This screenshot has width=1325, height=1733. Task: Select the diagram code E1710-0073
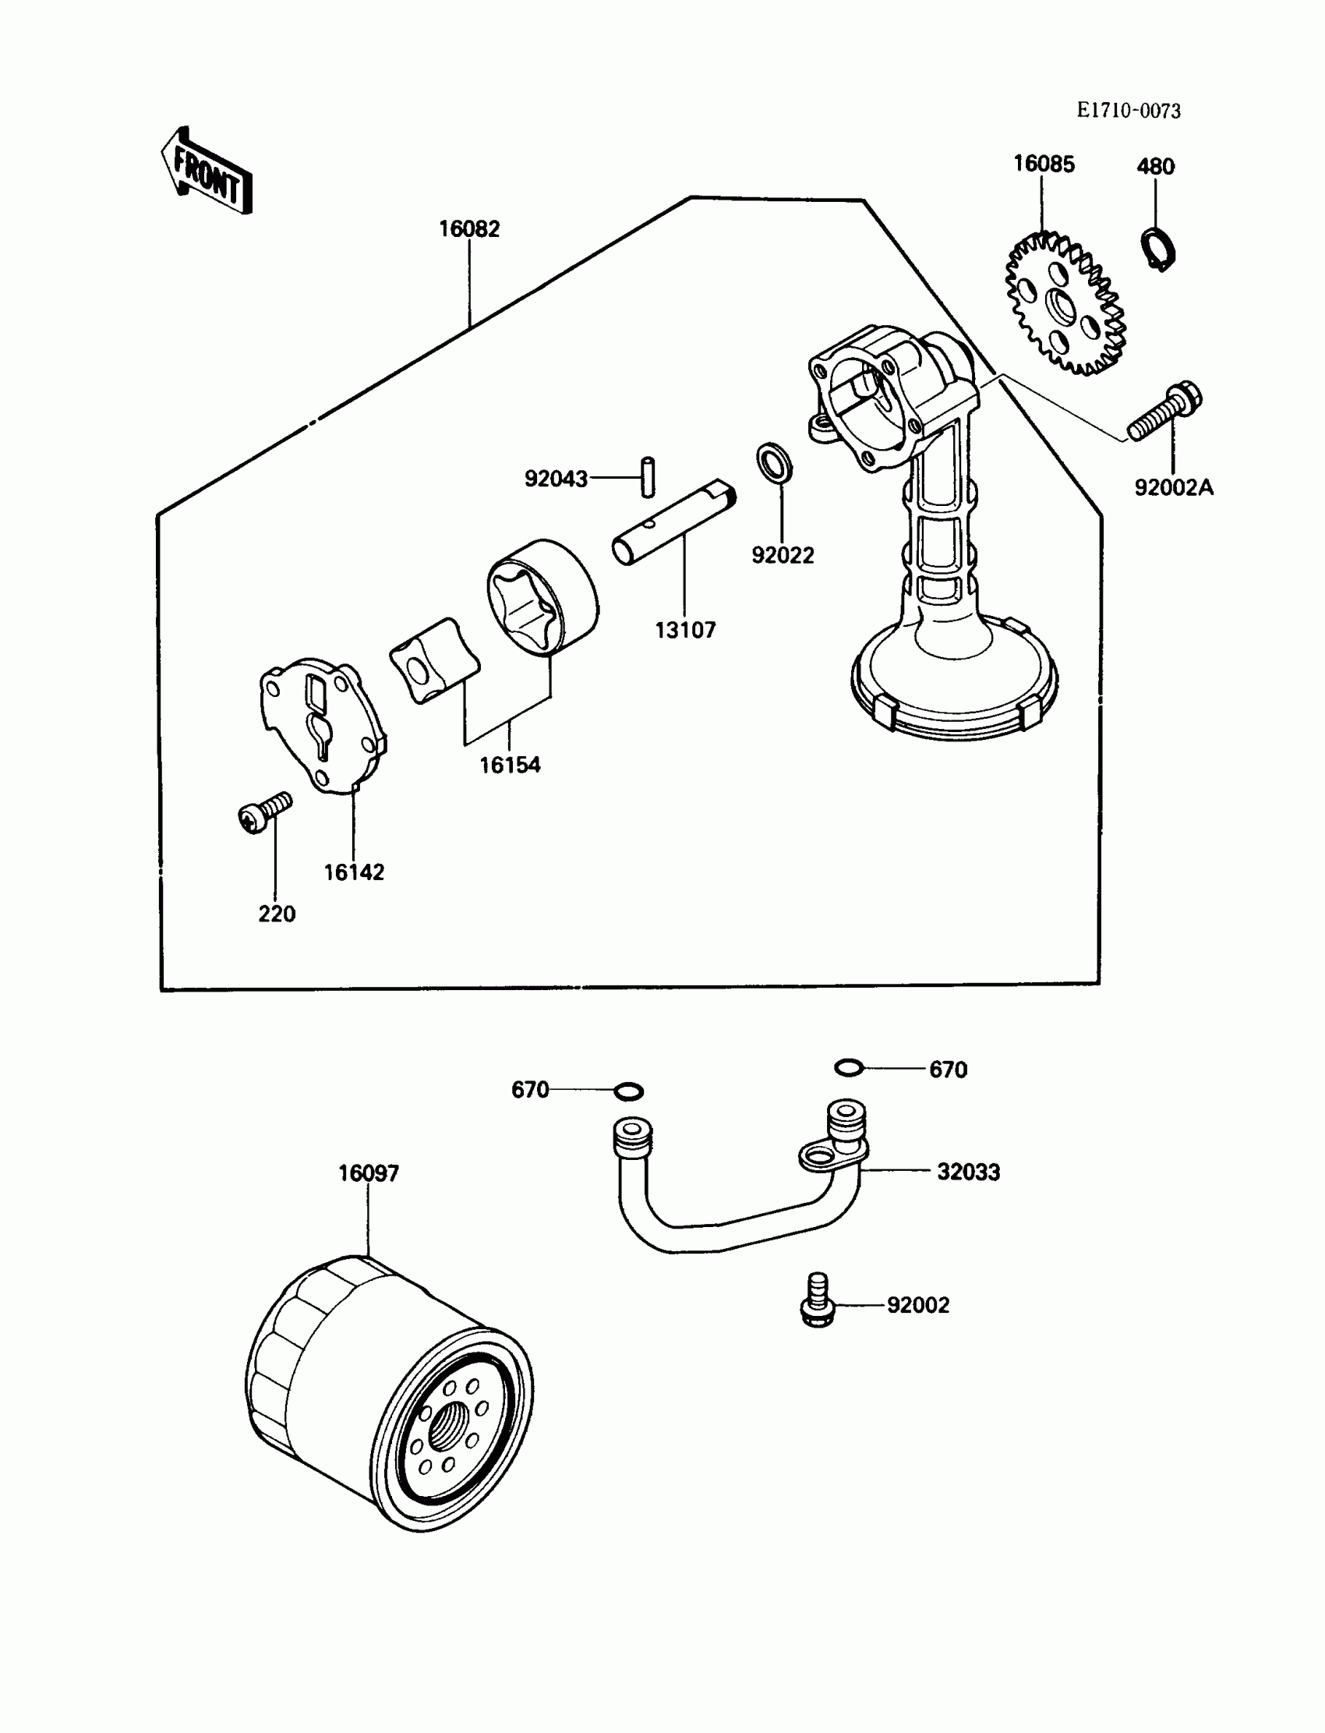(x=1129, y=111)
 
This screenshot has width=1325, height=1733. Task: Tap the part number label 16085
(x=1044, y=164)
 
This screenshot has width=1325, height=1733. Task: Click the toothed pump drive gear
(x=1065, y=304)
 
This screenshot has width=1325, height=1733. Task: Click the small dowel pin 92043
(x=648, y=477)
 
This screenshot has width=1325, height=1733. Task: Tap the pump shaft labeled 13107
(x=674, y=524)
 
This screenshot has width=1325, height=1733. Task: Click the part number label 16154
(x=511, y=764)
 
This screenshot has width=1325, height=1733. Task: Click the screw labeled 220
(x=263, y=812)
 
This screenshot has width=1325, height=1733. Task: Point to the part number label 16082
(x=469, y=228)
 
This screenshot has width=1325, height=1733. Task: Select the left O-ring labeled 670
(x=628, y=1091)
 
